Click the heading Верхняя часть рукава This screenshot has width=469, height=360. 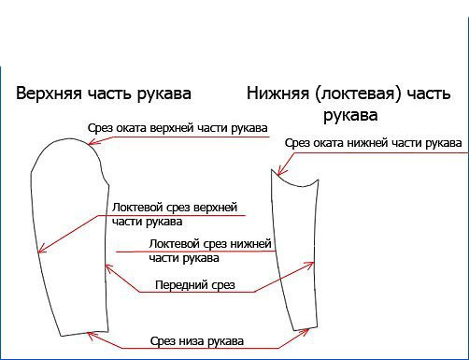point(104,94)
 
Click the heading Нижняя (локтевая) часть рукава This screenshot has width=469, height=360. point(349,104)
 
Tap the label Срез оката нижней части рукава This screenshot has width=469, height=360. point(373,143)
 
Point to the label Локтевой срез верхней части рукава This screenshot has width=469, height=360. point(175,213)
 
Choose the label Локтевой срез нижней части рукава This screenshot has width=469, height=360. point(210,251)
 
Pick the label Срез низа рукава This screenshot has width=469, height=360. point(196,340)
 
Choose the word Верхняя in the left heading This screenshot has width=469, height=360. point(47,94)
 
